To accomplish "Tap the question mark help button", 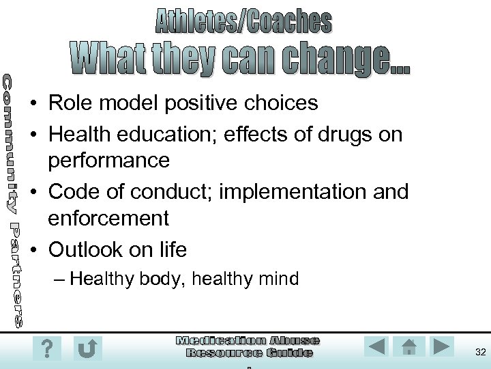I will [46, 348].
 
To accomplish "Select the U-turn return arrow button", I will [88, 348].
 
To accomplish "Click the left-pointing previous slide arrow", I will [376, 346].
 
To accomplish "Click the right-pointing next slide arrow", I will [441, 346].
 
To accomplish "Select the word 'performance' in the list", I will [108, 161].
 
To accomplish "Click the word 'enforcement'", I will [108, 219].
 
